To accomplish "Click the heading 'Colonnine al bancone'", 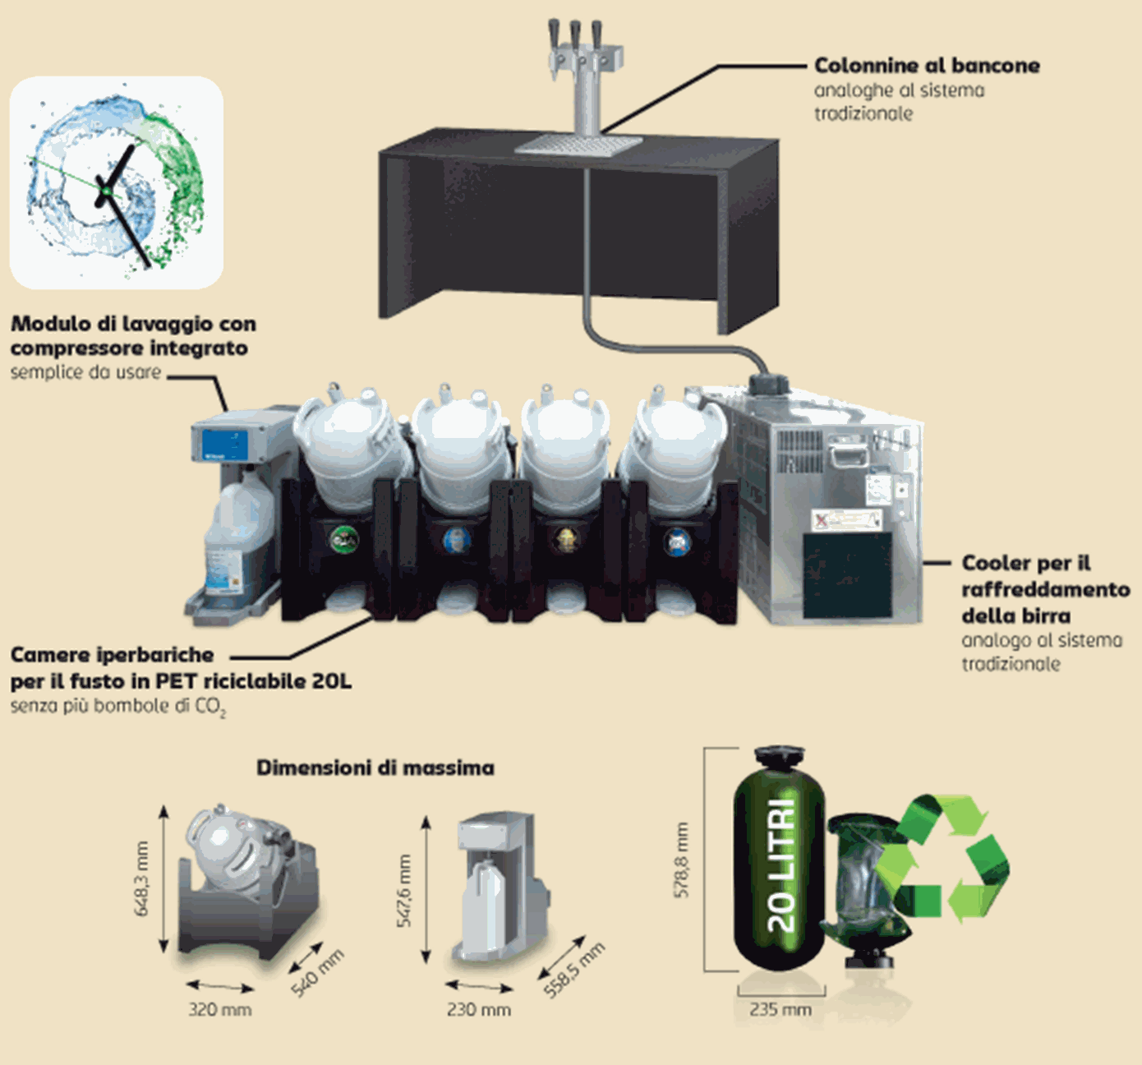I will coord(927,66).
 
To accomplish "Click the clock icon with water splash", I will coord(116,183).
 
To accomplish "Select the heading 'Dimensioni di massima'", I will coord(375,768).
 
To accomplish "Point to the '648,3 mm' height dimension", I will coord(142,878).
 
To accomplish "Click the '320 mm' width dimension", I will coord(219,1009).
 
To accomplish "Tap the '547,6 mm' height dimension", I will coord(404,891).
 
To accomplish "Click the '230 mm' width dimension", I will coord(478,1009).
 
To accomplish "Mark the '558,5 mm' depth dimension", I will coord(574,970).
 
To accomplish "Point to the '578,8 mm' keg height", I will coord(682,860).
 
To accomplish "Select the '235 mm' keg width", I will coord(780,1009).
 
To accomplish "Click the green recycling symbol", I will coord(945,859).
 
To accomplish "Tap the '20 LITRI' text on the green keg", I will coord(781,863).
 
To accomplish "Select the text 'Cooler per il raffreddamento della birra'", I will coord(1044,588).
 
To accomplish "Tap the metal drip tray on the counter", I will coord(578,145).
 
